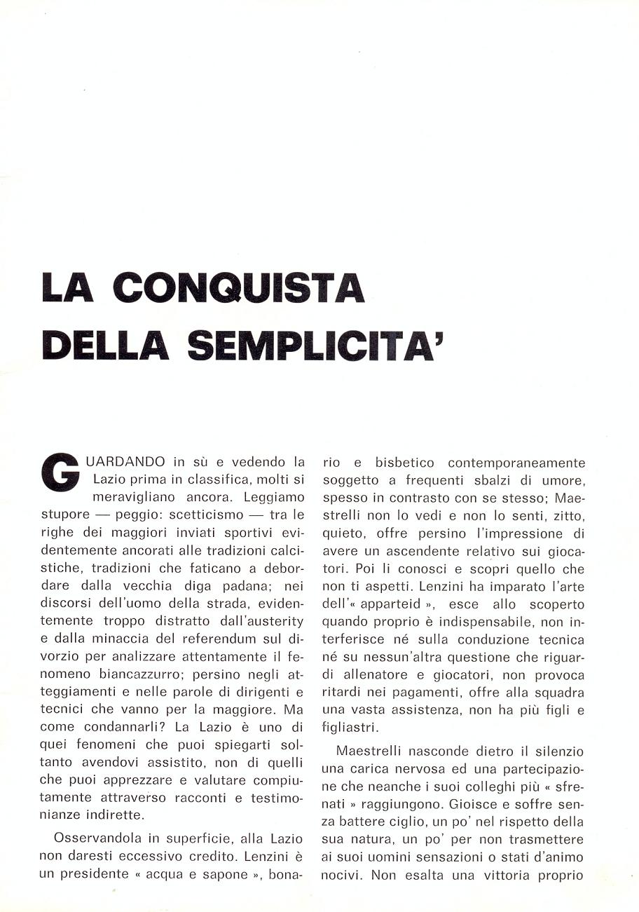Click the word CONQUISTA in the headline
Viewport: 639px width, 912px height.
tap(238, 289)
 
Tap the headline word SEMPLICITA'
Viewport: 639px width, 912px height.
tap(316, 346)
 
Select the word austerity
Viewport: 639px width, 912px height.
tap(270, 620)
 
